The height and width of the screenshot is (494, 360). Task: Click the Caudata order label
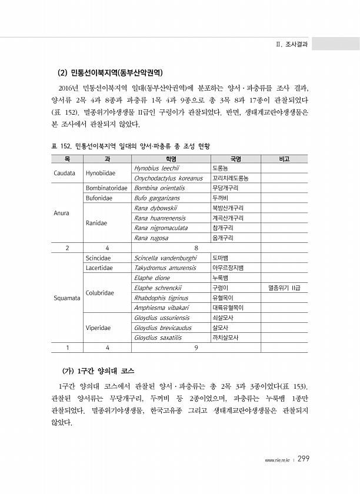coord(64,173)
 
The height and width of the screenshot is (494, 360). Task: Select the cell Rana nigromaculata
coord(161,228)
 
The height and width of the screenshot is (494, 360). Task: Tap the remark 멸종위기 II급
coord(284,288)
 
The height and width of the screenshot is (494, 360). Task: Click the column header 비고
coord(284,158)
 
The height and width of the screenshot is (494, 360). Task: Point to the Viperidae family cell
coord(99,328)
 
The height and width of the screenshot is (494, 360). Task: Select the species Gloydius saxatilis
coord(158,338)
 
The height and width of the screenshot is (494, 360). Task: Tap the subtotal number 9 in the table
coord(195,348)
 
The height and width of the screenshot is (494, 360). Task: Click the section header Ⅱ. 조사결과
coord(294,44)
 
